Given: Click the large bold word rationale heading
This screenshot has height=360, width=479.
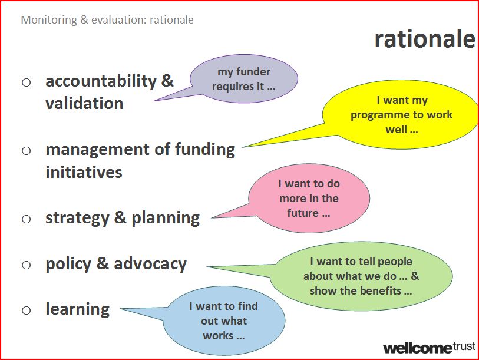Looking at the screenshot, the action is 425,39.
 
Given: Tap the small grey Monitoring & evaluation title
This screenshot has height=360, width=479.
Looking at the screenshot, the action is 107,20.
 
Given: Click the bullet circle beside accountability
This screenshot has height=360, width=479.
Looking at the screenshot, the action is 27,82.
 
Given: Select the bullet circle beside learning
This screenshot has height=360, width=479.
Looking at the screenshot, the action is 27,311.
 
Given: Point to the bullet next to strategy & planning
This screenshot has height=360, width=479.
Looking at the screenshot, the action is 27,219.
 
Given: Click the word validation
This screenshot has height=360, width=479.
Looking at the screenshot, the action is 84,103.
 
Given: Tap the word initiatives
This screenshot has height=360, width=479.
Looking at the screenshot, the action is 84,171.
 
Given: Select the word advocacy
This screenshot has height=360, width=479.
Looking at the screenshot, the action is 150,264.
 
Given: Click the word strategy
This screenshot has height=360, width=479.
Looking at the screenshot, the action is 77,218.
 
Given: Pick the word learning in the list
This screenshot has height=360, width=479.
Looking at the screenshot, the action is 78,309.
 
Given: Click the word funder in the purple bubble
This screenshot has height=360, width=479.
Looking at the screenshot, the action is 253,71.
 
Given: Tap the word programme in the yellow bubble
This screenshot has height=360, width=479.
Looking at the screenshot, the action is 380,115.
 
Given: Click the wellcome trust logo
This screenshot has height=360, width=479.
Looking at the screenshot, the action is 429,348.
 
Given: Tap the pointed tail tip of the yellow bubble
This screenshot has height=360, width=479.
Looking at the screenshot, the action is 243,147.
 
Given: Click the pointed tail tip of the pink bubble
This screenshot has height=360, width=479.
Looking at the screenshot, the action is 212,218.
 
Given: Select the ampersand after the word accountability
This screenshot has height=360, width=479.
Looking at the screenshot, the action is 167,81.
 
